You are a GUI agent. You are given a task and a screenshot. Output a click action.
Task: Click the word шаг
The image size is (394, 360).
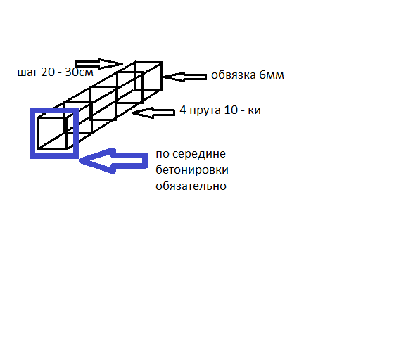click(x=27, y=73)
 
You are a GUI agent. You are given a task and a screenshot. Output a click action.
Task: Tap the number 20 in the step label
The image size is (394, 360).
click(x=48, y=72)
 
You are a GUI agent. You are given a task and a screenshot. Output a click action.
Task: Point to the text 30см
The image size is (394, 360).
click(x=79, y=72)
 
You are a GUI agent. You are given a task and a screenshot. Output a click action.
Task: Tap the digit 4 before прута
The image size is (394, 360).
click(x=183, y=110)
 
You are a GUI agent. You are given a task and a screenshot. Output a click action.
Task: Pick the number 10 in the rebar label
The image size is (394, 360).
click(x=231, y=110)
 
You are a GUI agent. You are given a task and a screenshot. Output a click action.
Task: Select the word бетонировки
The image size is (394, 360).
click(x=192, y=170)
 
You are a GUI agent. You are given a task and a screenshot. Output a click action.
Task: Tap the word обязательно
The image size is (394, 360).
click(x=191, y=186)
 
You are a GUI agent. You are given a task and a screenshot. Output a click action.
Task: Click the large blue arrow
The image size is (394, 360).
click(x=113, y=161)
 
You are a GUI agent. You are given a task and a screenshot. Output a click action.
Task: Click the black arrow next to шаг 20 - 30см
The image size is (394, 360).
click(x=99, y=64)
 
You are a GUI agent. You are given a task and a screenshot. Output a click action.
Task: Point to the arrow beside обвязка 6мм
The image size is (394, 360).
click(x=184, y=77)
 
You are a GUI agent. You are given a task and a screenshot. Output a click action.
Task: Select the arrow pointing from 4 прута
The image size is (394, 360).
click(x=153, y=112)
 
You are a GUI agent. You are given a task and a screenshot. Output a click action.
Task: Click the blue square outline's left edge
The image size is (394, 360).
click(x=32, y=134)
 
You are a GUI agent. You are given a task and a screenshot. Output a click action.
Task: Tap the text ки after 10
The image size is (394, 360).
click(x=255, y=110)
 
